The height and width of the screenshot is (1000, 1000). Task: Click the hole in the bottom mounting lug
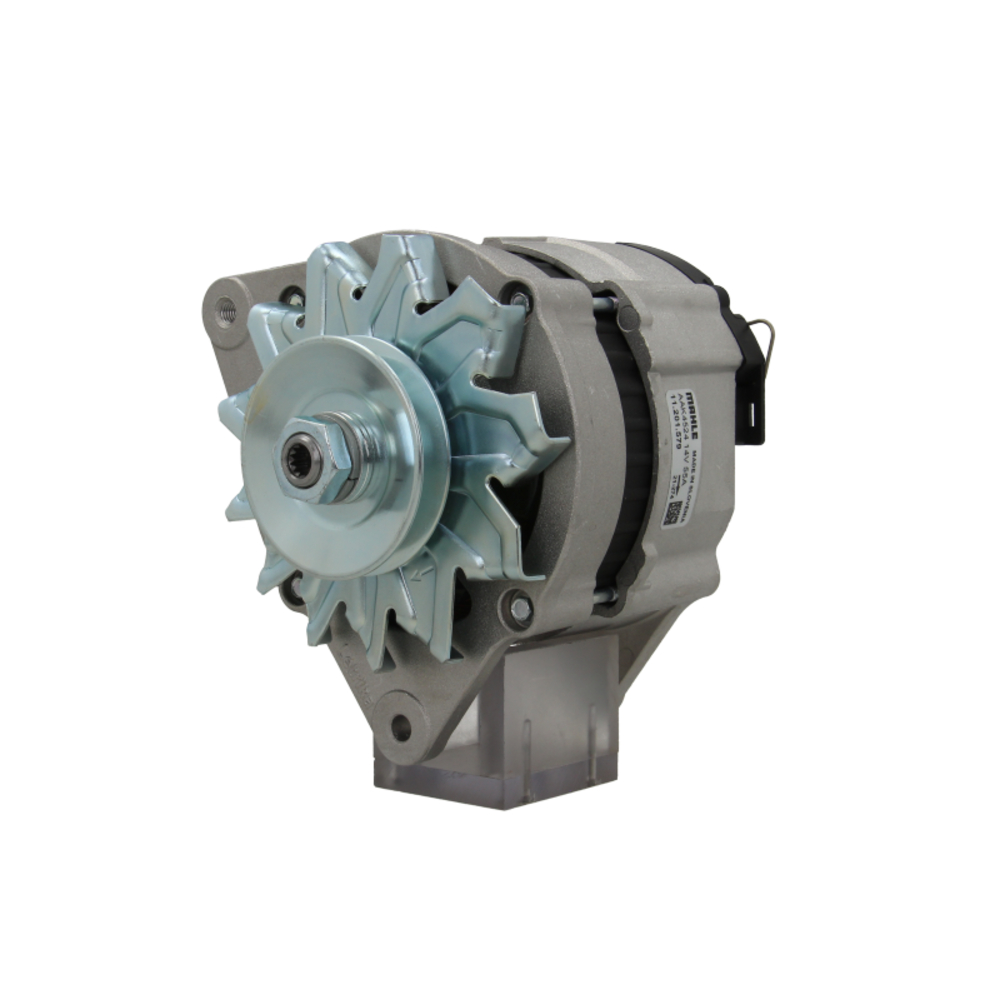[401, 728]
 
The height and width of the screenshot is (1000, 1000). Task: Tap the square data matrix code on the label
[674, 516]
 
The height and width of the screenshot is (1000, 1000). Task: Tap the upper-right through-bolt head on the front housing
[518, 297]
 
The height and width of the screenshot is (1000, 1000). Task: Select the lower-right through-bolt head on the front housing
[520, 607]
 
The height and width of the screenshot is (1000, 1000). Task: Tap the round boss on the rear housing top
[628, 319]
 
